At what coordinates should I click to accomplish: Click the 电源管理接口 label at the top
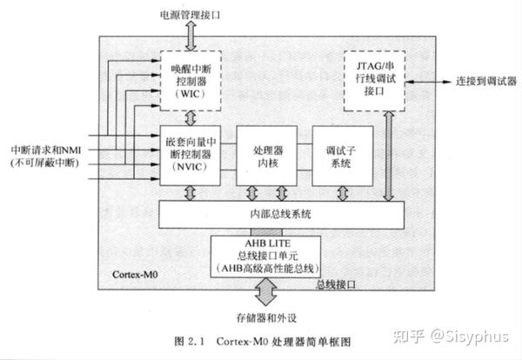pyautogui.click(x=191, y=15)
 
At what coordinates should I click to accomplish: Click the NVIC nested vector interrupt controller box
pyautogui.click(x=191, y=155)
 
